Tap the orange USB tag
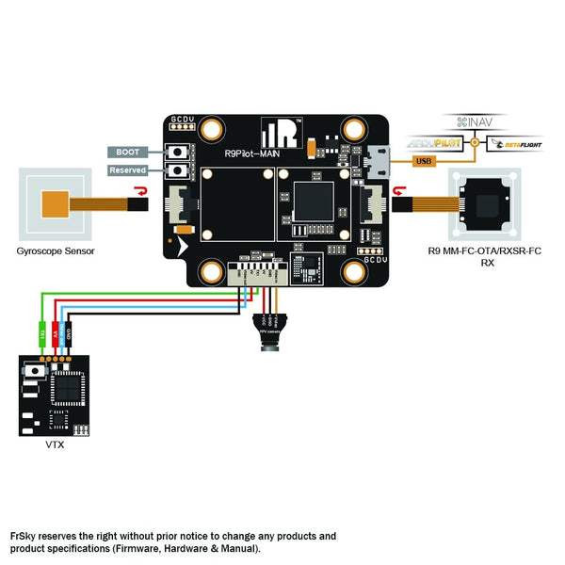[424, 161]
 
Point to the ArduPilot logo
[437, 143]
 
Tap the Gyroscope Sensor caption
[56, 251]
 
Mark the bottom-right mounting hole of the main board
[355, 271]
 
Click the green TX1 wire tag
[40, 332]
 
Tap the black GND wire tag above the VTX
[71, 332]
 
